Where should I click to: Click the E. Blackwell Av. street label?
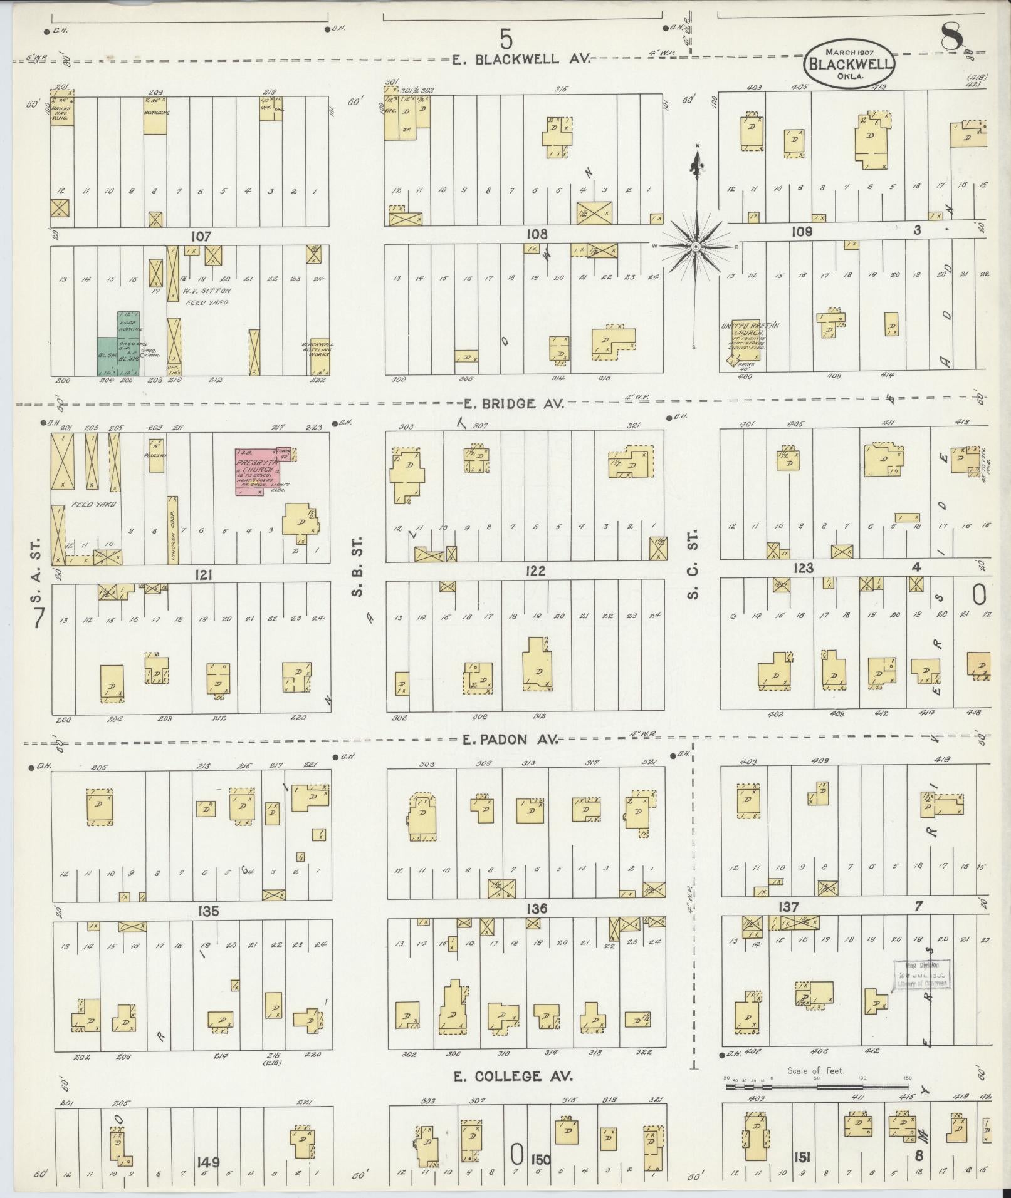click(521, 59)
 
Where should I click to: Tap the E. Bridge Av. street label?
click(514, 404)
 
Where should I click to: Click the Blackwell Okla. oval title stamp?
click(850, 63)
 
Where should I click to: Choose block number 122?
click(537, 571)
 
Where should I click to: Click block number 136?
click(537, 909)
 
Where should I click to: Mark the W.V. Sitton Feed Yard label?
click(207, 296)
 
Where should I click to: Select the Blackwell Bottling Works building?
click(318, 356)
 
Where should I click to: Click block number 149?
click(207, 1162)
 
